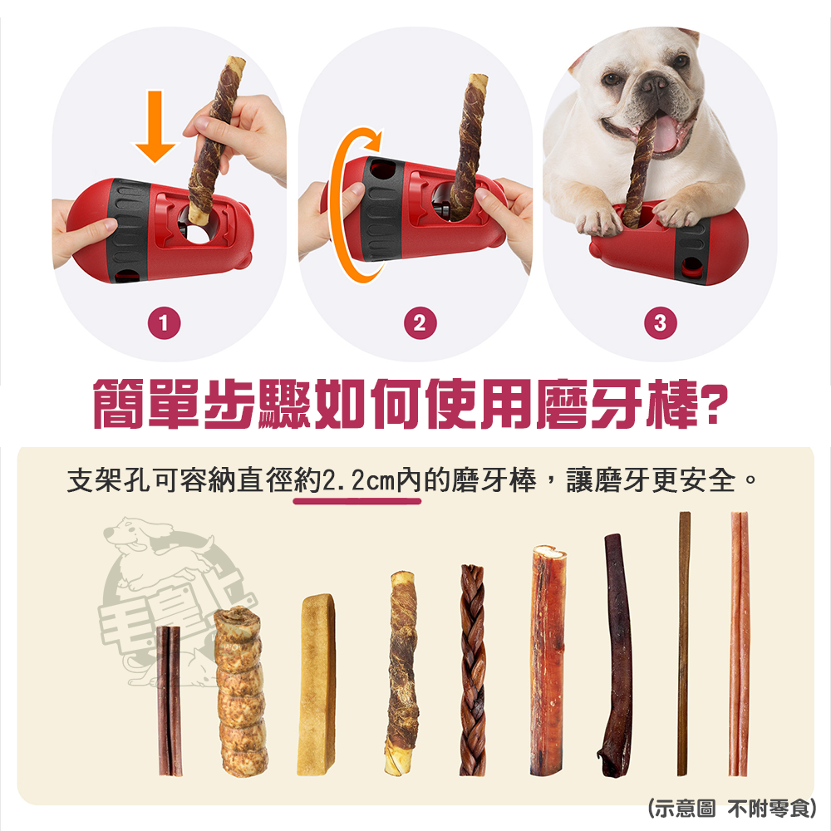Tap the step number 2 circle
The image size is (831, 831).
click(x=419, y=324)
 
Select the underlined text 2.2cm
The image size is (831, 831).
click(x=358, y=482)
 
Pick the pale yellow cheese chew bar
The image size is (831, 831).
click(x=316, y=685)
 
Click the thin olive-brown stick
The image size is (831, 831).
click(x=684, y=644)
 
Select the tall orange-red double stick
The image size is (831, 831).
click(x=739, y=644)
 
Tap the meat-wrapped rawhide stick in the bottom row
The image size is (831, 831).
click(x=402, y=674)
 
